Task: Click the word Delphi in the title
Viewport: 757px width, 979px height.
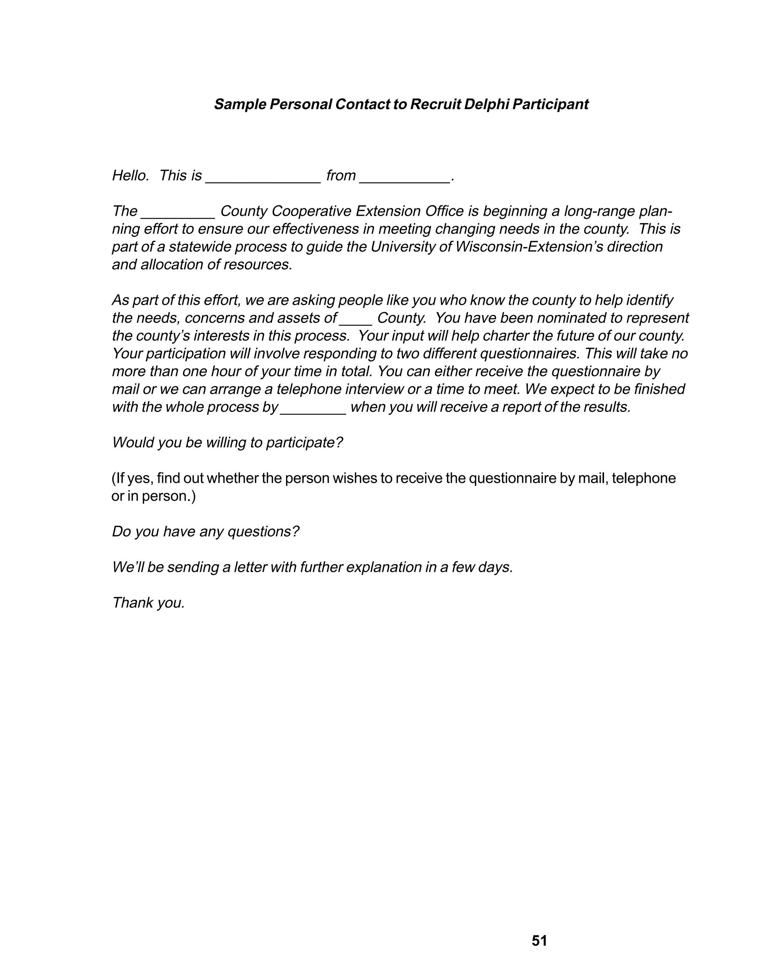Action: (x=486, y=105)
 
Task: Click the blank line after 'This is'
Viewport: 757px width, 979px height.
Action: (x=263, y=178)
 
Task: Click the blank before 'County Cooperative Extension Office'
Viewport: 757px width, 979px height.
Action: (x=178, y=214)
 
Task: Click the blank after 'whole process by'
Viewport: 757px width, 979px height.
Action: (x=313, y=410)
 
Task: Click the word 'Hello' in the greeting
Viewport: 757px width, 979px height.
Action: (x=130, y=176)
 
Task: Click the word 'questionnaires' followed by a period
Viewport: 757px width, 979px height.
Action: (x=530, y=354)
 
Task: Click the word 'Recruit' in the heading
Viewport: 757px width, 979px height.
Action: (x=435, y=105)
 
